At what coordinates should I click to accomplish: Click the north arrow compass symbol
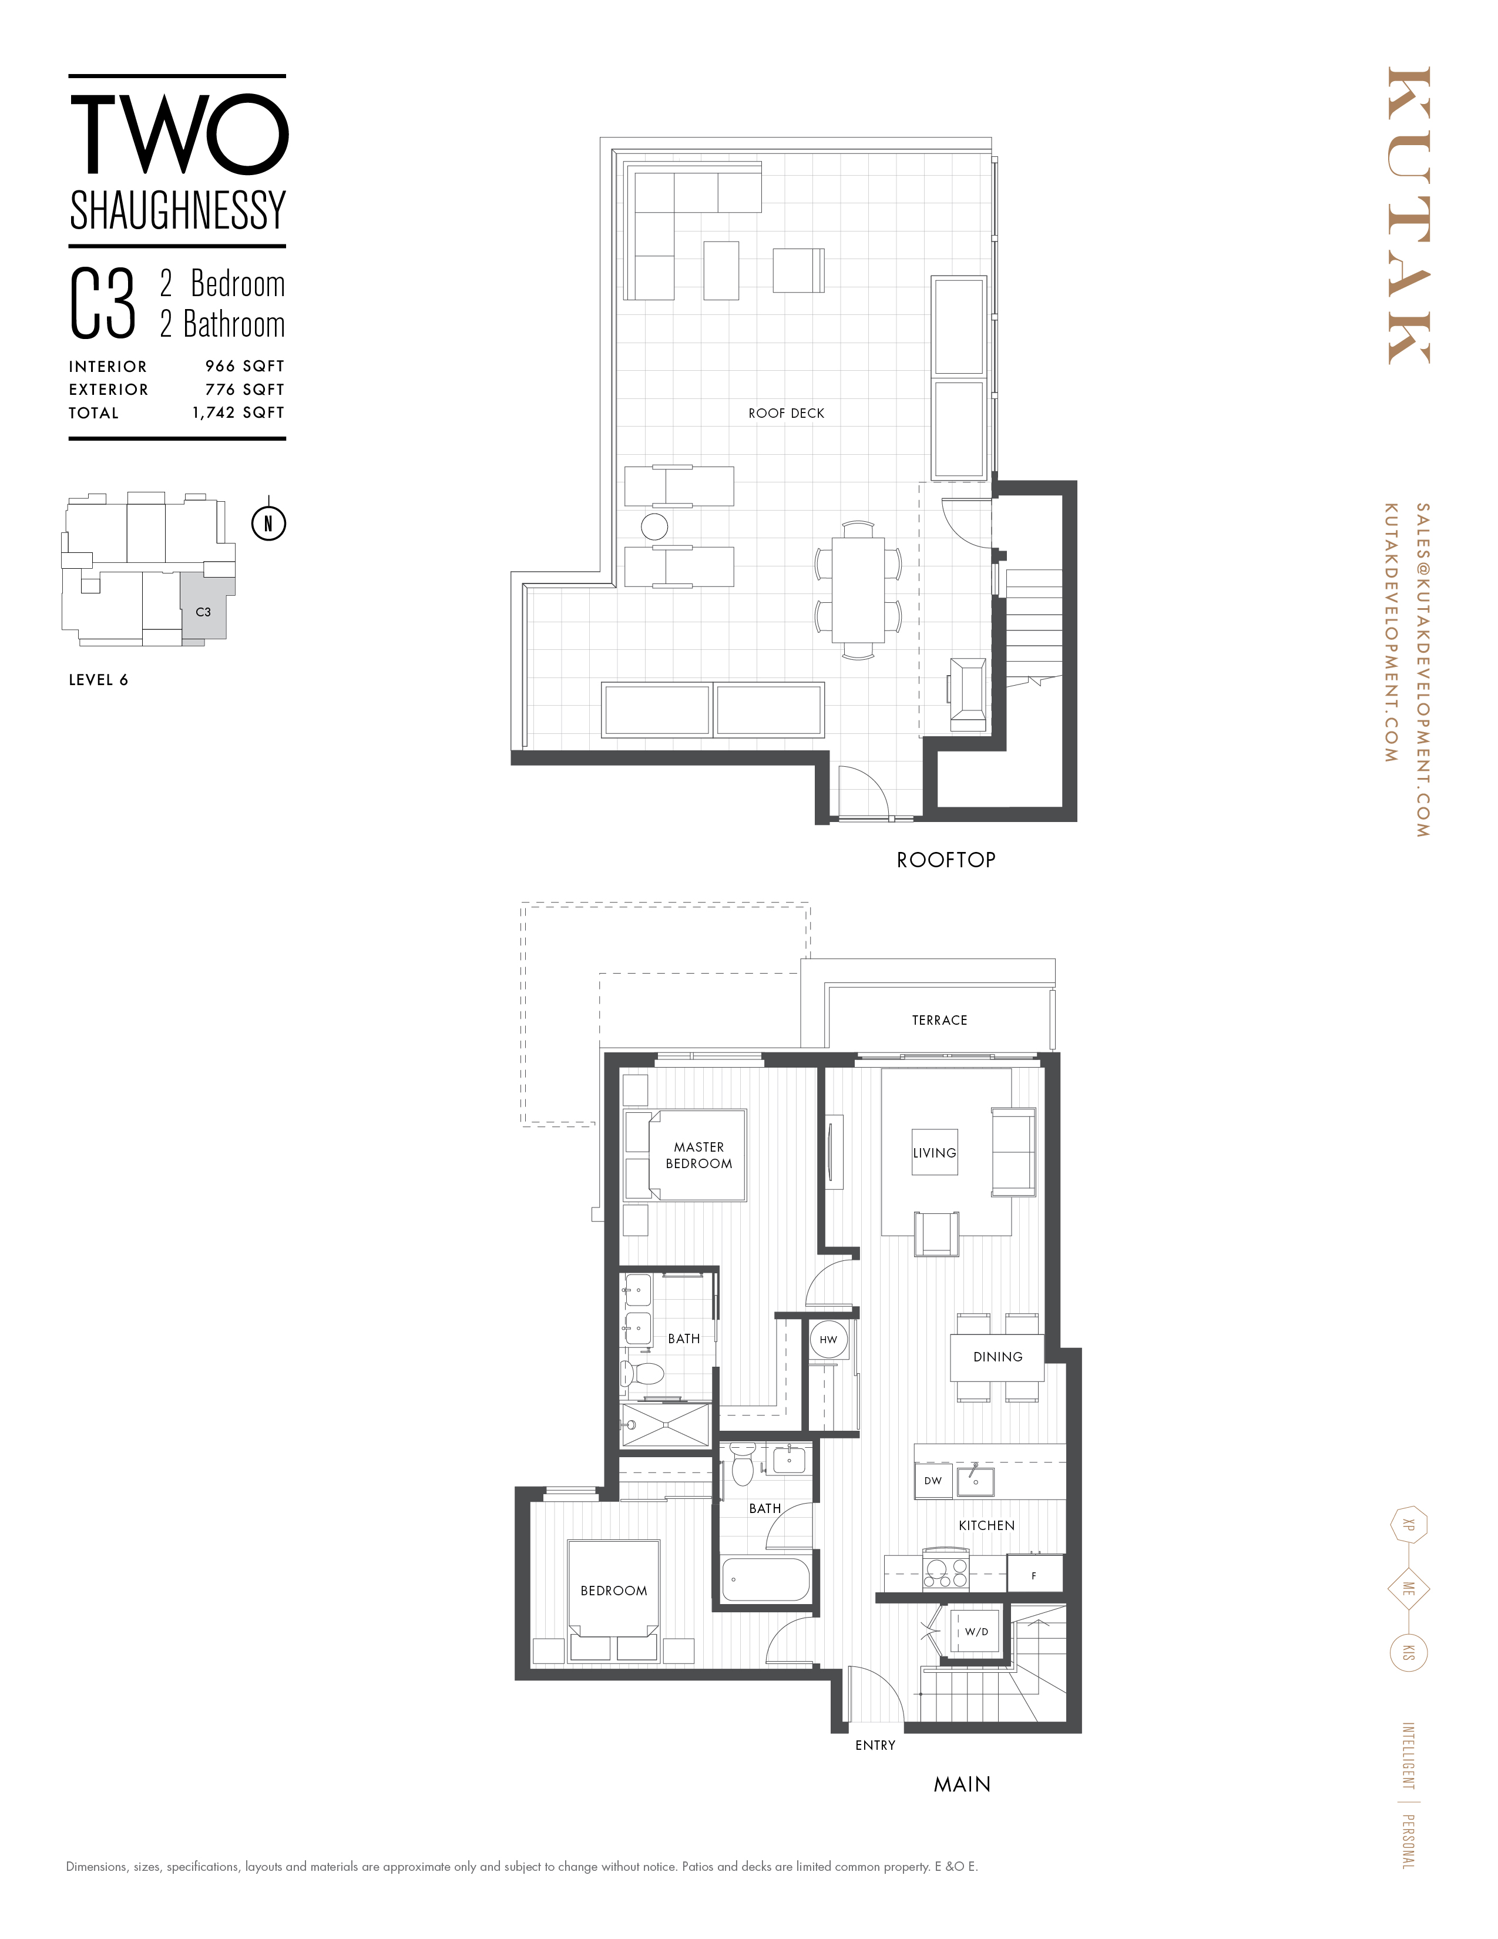[x=268, y=523]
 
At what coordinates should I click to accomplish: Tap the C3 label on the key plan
[x=203, y=612]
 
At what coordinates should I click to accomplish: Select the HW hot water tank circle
[x=828, y=1340]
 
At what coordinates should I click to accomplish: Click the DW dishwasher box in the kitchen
[x=933, y=1481]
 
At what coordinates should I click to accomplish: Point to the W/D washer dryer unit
[x=976, y=1632]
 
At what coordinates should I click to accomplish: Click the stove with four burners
[x=946, y=1573]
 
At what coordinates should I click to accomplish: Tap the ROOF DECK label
[x=786, y=414]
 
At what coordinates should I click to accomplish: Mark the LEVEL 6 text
[x=99, y=680]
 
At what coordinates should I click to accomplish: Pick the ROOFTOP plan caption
[x=946, y=860]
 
